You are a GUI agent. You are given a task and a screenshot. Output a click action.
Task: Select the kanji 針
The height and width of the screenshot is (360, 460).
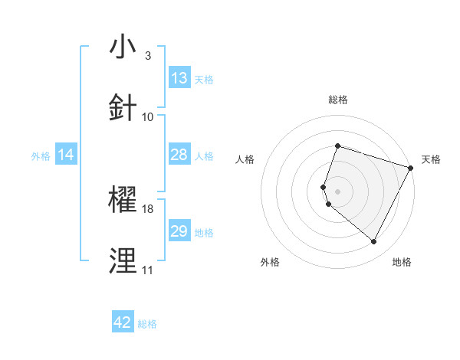(x=123, y=107)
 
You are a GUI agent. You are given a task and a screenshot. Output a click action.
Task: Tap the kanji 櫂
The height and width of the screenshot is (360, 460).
(x=123, y=200)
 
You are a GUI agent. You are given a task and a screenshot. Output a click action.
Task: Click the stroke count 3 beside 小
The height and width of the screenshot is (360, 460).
(x=147, y=55)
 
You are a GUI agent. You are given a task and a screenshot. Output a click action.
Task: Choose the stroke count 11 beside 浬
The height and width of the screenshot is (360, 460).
(x=147, y=270)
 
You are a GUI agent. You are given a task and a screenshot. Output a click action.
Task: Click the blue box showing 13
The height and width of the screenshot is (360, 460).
(x=179, y=77)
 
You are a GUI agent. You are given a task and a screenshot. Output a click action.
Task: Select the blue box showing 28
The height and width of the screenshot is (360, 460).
(x=179, y=155)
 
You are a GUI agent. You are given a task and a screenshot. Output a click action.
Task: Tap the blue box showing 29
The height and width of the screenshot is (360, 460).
(x=179, y=231)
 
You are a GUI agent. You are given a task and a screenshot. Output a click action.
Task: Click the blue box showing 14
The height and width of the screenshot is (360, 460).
(x=66, y=155)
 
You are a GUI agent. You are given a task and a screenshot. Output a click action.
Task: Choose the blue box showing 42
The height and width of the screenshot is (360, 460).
(x=123, y=322)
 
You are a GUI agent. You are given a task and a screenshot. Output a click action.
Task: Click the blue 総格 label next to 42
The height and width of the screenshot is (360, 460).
(x=147, y=324)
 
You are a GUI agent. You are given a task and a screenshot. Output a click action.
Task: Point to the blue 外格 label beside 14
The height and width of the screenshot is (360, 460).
(x=41, y=155)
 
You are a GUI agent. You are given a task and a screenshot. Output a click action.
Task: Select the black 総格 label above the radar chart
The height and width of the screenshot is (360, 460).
(x=337, y=100)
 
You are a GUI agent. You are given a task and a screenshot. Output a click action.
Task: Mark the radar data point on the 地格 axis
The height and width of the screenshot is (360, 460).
(x=373, y=242)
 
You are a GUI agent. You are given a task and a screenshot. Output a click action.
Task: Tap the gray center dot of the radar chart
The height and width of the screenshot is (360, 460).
(x=337, y=191)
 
